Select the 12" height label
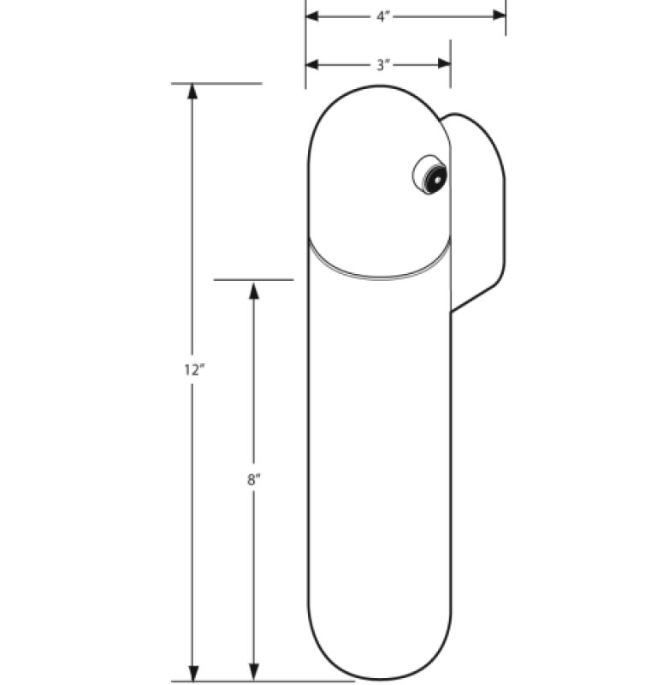193,370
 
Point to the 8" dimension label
253,480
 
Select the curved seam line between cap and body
379,272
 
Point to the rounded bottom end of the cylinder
379,664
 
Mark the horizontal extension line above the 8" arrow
253,279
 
